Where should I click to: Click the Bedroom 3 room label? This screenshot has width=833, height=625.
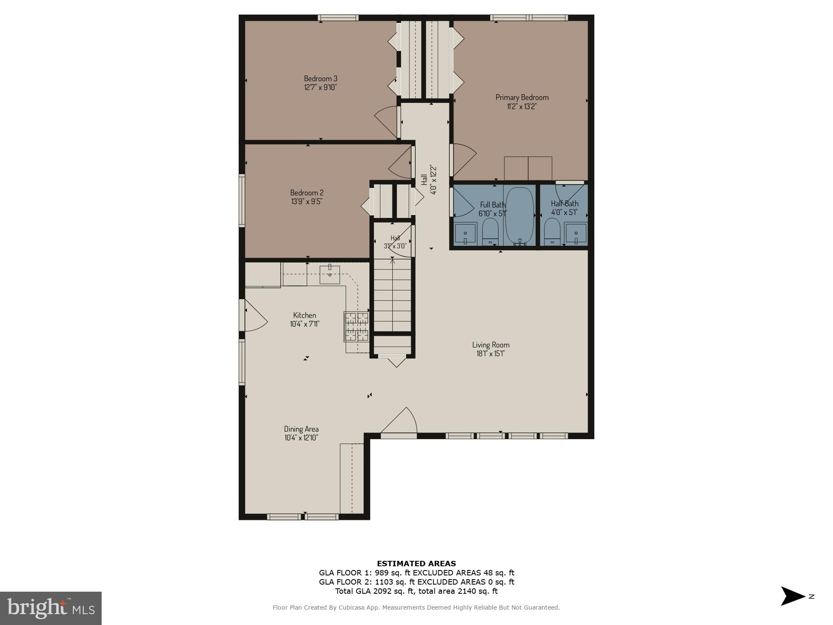pyautogui.click(x=320, y=78)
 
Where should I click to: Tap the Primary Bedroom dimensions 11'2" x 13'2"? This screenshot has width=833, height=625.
pyautogui.click(x=521, y=106)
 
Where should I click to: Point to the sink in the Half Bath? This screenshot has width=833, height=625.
pyautogui.click(x=576, y=233)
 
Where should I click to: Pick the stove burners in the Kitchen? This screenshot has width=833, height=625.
pyautogui.click(x=357, y=327)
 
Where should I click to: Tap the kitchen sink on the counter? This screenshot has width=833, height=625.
pyautogui.click(x=329, y=275)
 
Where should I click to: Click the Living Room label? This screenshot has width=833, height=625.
pyautogui.click(x=491, y=345)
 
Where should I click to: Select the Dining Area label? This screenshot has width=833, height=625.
pyautogui.click(x=301, y=429)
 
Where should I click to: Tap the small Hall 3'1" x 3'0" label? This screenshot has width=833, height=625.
pyautogui.click(x=395, y=242)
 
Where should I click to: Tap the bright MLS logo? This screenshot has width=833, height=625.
pyautogui.click(x=51, y=608)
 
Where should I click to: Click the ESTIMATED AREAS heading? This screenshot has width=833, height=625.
pyautogui.click(x=416, y=563)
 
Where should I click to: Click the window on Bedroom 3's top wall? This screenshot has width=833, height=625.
pyautogui.click(x=338, y=17)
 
